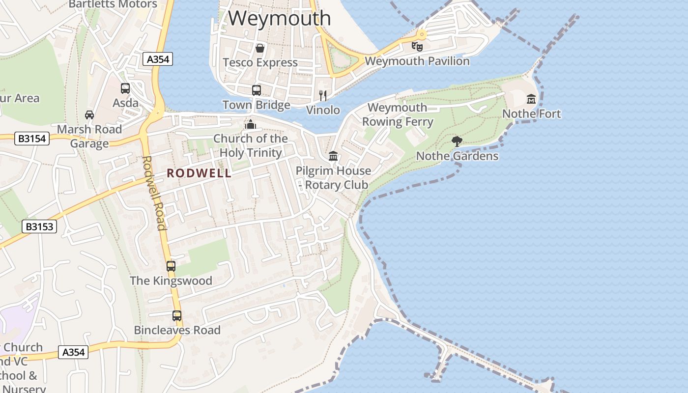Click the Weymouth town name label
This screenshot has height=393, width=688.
[x=279, y=19]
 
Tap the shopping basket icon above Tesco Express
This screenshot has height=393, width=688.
[x=260, y=48]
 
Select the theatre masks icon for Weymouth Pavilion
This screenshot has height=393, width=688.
[x=417, y=47]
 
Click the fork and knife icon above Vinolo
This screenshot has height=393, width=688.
[x=323, y=95]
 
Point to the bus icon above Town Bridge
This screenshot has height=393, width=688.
[x=257, y=90]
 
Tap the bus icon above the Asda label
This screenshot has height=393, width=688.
[x=125, y=88]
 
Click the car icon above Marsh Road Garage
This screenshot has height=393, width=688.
[x=89, y=115]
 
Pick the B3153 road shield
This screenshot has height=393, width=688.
[x=39, y=226]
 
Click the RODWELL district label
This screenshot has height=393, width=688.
[x=199, y=173]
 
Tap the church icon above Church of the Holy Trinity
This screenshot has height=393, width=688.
[x=250, y=124]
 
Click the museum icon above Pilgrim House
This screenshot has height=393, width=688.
[x=333, y=156]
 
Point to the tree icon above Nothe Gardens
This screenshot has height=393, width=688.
[x=457, y=142]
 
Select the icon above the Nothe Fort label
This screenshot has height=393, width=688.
[x=531, y=99]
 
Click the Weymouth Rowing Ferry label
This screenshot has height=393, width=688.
[x=398, y=114]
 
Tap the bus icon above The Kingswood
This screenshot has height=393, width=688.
[x=171, y=266]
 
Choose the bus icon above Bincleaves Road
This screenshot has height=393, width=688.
[x=177, y=316]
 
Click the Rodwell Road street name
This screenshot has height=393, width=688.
[x=154, y=193]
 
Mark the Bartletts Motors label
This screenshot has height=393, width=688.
[x=113, y=4]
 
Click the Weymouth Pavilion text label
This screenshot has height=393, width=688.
[x=417, y=61]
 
